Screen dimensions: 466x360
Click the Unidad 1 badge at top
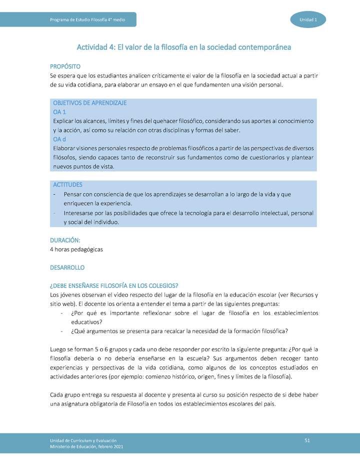tap(308, 19)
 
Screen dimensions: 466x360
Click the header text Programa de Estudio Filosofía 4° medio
tap(87, 19)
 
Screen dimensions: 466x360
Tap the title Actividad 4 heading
tap(183, 47)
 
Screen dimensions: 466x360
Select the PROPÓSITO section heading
tap(65, 66)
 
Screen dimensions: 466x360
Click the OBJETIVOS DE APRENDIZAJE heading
tap(89, 103)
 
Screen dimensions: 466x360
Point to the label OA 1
tap(59, 112)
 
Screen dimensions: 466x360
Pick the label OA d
tap(59, 139)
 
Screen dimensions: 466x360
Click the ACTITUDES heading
tap(67, 184)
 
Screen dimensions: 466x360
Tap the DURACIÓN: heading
tap(65, 240)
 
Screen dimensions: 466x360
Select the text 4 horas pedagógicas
tap(76, 249)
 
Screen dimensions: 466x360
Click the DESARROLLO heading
tap(67, 267)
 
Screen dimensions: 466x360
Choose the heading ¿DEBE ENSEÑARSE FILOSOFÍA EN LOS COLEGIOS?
tap(114, 286)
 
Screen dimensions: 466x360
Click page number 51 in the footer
tap(307, 439)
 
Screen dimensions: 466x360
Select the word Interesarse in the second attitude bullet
tap(79, 213)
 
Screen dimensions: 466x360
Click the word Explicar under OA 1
tap(63, 121)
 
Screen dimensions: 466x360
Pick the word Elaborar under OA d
tap(64, 148)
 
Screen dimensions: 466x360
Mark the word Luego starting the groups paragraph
tap(59, 349)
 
